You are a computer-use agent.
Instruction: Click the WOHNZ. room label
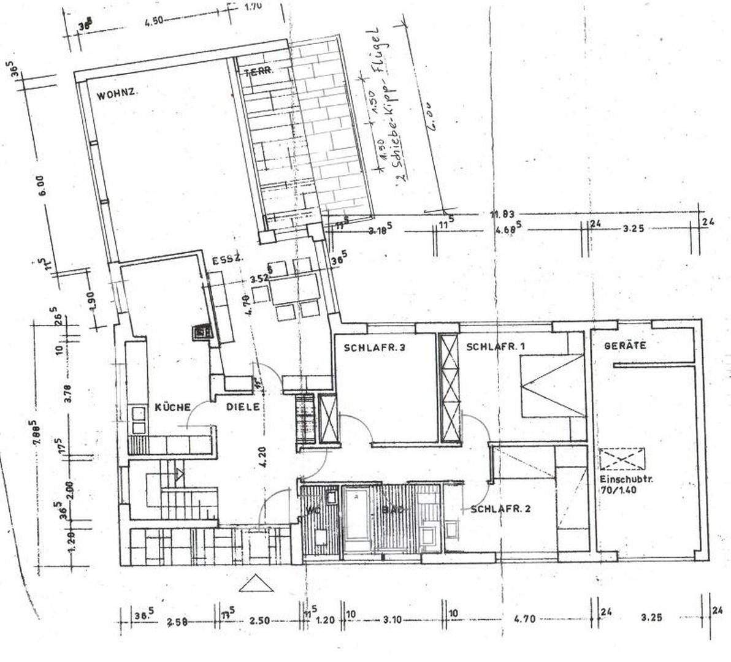[x=117, y=95]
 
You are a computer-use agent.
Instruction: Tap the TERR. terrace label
[x=258, y=72]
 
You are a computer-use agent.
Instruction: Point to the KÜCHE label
[x=174, y=407]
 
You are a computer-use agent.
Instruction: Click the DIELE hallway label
[x=243, y=406]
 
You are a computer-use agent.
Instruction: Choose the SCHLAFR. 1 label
[x=496, y=347]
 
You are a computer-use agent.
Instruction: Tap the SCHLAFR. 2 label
[x=500, y=509]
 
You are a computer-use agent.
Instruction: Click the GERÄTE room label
[x=625, y=345]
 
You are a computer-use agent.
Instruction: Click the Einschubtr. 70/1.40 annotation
[x=622, y=484]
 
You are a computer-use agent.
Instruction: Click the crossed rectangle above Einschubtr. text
[x=622, y=458]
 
